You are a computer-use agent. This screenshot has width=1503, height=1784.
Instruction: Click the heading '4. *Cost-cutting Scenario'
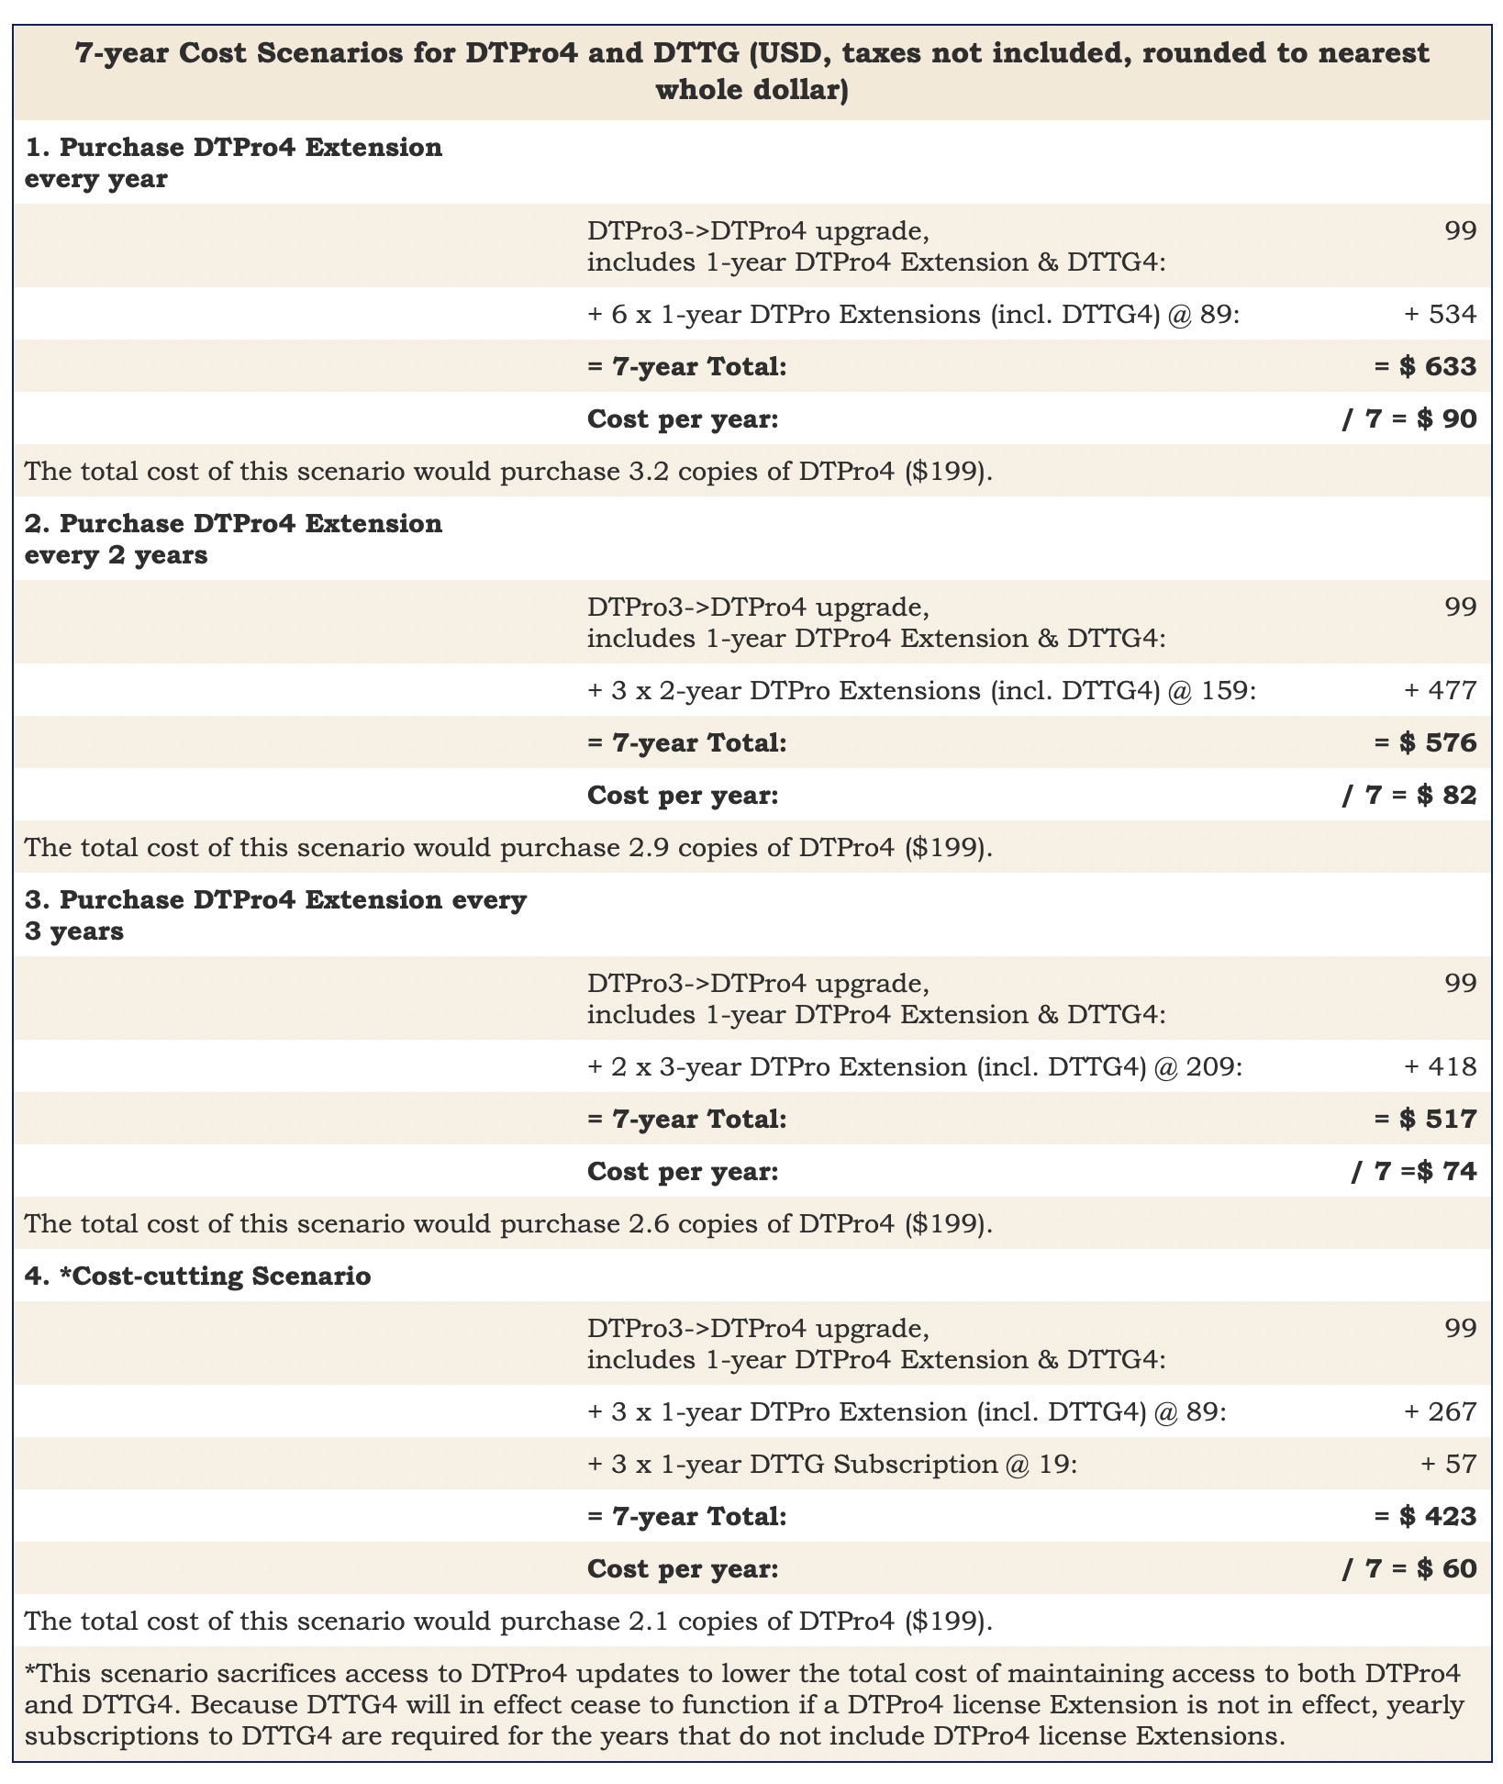197,1276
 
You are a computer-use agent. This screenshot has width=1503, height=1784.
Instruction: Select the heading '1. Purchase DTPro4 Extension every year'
233,162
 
